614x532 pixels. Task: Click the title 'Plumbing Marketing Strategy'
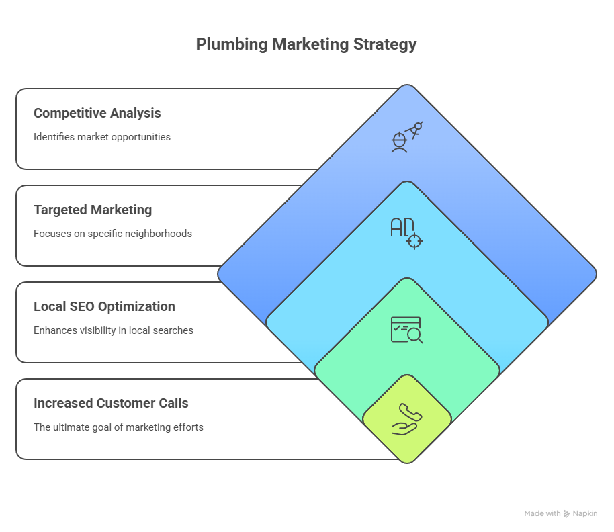(306, 44)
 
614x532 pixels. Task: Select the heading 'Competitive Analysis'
(97, 113)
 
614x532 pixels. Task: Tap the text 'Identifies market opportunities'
(102, 137)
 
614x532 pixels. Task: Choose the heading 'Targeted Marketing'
(93, 210)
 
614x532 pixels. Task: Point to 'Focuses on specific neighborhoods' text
(113, 234)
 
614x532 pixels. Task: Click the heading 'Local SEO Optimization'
(104, 306)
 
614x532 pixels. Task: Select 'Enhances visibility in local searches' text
(114, 330)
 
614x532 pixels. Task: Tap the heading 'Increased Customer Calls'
(111, 403)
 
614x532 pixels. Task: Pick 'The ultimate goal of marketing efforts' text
(118, 427)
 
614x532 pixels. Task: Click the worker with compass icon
(406, 136)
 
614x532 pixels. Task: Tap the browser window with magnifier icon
(406, 330)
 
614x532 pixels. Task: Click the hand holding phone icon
(406, 419)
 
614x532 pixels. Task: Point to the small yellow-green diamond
(406, 437)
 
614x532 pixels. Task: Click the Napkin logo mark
(568, 514)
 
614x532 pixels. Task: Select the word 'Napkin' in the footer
(585, 514)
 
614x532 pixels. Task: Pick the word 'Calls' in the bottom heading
(173, 403)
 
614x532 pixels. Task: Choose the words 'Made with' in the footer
(542, 514)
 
